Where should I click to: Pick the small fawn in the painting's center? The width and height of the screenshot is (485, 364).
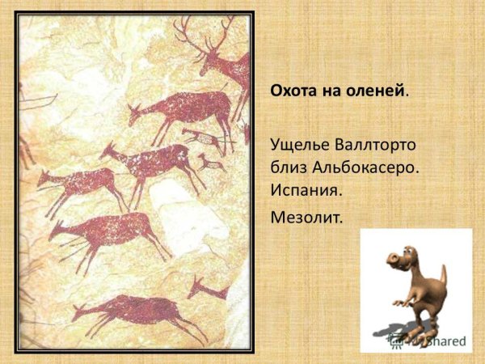click(x=211, y=164)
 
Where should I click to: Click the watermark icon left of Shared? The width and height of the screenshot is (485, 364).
click(x=397, y=341)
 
